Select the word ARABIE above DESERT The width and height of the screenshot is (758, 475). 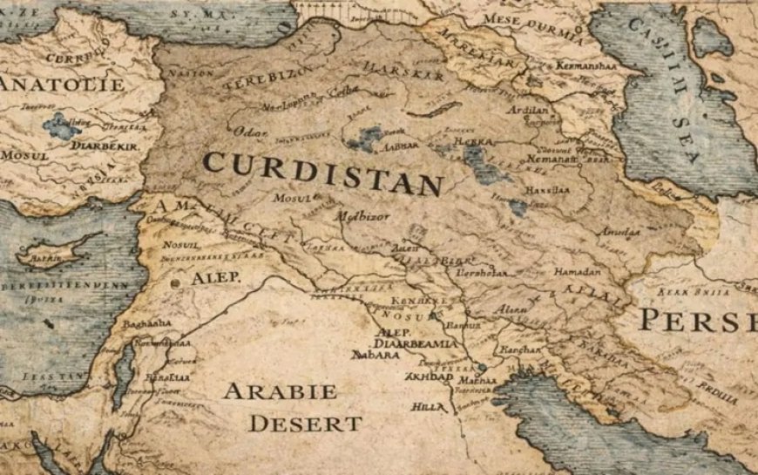coord(280,391)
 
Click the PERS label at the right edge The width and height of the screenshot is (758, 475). coord(697,320)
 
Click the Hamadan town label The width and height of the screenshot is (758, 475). coord(578,272)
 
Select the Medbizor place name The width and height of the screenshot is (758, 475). coord(360,213)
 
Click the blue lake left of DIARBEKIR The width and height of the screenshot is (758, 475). coord(61,127)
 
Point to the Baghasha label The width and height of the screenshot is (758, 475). coord(146,323)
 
